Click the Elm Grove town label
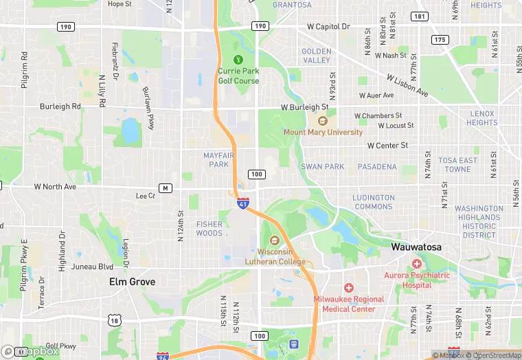point(133,282)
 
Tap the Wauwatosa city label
point(416,247)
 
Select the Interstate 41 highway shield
point(242,203)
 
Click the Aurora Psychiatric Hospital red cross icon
point(416,264)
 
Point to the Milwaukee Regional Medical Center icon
point(349,287)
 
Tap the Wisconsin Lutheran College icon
point(275,240)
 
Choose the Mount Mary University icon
point(322,121)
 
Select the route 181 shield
point(419,16)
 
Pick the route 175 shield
point(440,40)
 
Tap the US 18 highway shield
point(113,320)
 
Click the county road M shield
point(164,188)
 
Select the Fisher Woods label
point(209,229)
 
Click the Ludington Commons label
point(374,202)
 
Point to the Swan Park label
point(322,167)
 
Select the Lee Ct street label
point(146,196)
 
